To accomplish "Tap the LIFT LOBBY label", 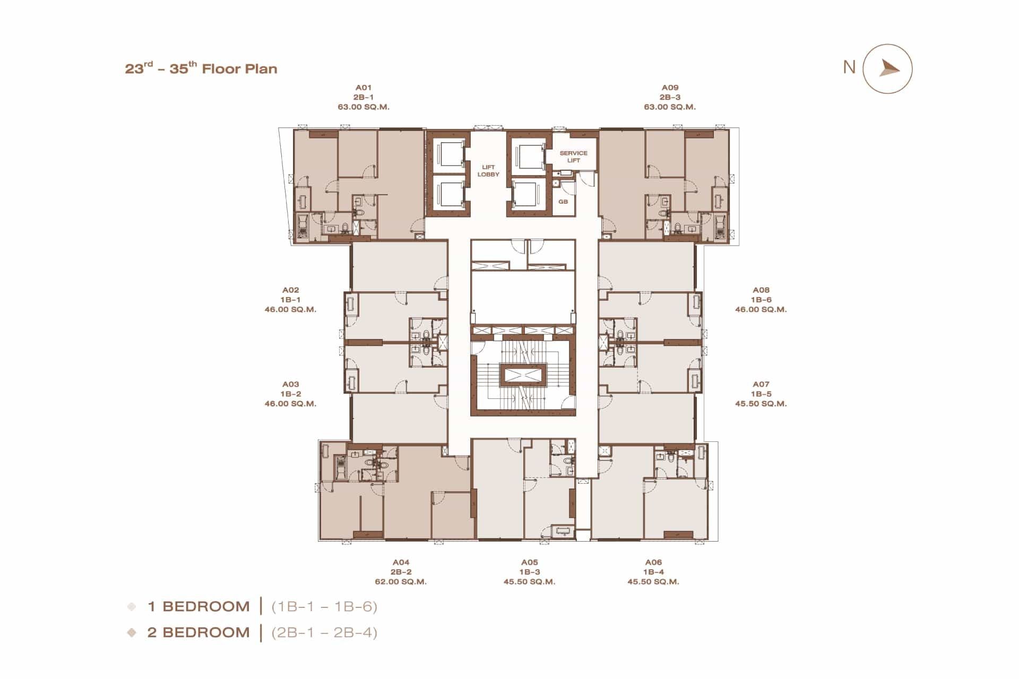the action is coord(488,171).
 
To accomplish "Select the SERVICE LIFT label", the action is coord(573,156).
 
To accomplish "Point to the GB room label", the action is coord(563,202).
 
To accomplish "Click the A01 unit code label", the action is coord(364,88).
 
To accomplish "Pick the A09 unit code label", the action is coord(670,88).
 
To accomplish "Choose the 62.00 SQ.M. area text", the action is coord(401,581).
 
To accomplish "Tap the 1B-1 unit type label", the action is coord(290,300).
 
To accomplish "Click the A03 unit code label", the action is coord(290,384).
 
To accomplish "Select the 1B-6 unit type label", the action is coord(761,300).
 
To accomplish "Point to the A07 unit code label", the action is coord(761,384).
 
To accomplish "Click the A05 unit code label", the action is coord(529,562).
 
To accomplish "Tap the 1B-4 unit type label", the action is coord(653,572).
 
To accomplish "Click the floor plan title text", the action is coord(201,68).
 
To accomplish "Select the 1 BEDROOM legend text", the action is coord(198,606).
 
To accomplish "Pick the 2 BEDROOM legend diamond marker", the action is coord(132,632).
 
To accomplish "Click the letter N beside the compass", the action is coord(849,67).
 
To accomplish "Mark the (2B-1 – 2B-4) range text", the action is coord(324,632).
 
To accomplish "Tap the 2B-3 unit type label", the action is coord(670,97).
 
